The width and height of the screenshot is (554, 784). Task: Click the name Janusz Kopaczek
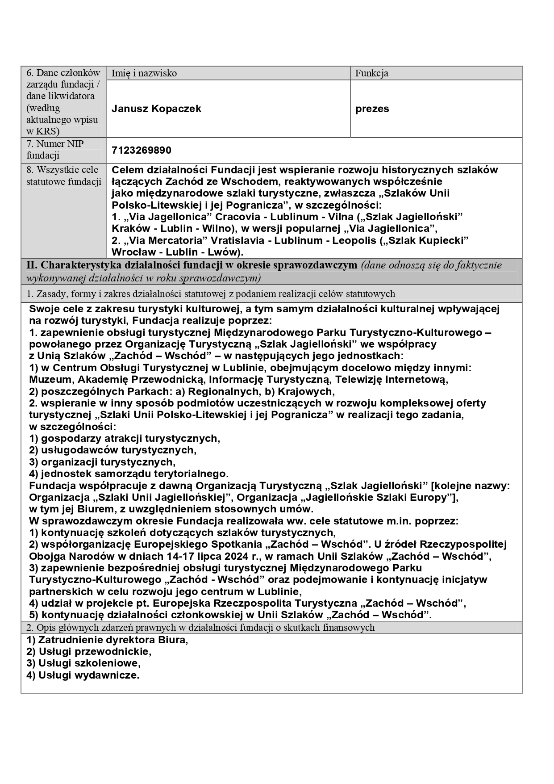coord(156,109)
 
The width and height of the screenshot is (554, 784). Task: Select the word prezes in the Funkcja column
coord(372,109)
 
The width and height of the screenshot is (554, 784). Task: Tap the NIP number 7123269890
coord(141,150)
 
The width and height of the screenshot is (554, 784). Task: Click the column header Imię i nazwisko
coord(144,73)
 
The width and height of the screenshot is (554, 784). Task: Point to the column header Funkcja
coord(371,73)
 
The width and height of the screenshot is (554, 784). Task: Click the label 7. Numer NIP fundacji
coord(55,150)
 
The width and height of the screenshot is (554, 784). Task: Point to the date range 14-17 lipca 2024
coord(205,556)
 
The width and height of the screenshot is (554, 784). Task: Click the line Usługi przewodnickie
coord(89,651)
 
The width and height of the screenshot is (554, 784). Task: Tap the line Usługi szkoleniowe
coord(83,663)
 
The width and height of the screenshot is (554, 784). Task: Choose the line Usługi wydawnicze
coord(83,675)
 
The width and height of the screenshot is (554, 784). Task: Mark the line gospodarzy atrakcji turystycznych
coord(125,438)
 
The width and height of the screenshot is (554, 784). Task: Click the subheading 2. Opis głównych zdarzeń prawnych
coord(200,628)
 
